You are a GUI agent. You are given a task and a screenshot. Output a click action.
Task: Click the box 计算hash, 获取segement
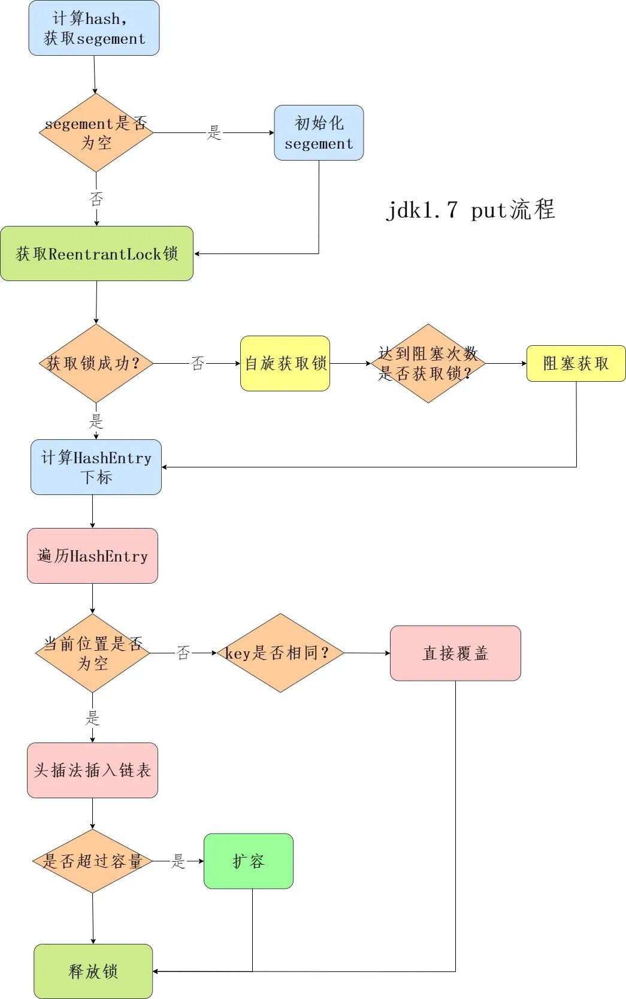94,28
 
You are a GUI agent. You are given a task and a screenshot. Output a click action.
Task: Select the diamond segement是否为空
96,132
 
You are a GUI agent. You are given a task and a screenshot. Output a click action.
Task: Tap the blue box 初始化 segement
319,133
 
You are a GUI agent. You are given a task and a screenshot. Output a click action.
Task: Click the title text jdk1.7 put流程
470,210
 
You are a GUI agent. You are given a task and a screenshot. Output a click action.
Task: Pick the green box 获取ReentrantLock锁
96,253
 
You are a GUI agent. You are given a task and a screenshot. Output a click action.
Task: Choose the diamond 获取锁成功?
96,363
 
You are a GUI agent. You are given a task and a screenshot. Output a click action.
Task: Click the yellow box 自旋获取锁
285,363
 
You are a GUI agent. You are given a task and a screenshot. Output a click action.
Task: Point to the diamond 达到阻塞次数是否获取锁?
428,363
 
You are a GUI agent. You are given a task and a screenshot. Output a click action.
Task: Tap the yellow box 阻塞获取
576,363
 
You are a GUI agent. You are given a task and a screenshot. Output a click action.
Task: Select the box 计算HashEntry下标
96,467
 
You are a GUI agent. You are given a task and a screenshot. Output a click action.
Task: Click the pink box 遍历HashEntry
92,556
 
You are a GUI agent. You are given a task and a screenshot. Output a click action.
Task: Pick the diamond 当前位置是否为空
92,653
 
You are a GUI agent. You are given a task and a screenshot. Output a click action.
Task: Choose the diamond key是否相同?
280,653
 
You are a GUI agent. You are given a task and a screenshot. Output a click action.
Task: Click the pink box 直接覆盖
455,653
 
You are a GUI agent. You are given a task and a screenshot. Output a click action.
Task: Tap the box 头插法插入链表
92,770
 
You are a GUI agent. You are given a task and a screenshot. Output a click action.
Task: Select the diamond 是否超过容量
92,861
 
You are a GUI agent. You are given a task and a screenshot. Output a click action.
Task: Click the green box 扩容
248,861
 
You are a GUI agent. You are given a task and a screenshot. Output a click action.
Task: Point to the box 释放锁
93,971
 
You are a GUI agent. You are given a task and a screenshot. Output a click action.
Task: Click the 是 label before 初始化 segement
214,132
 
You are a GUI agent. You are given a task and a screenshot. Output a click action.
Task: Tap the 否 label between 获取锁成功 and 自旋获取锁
198,363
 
